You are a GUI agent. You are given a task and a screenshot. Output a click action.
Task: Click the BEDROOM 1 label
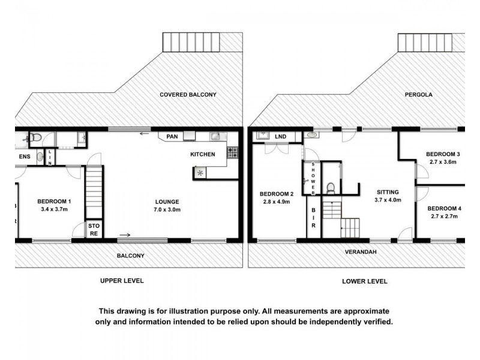[x=55, y=202]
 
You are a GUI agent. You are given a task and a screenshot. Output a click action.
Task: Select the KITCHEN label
[x=203, y=155]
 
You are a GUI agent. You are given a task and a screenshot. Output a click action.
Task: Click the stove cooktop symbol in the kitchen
[x=233, y=154]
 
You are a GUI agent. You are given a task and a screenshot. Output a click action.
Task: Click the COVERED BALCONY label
[x=188, y=95]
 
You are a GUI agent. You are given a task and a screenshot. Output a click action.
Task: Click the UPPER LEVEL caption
[x=122, y=281]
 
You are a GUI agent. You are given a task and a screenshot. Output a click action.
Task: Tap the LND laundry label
[x=280, y=137]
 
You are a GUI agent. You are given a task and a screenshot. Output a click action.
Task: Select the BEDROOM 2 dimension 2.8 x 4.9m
[x=275, y=202]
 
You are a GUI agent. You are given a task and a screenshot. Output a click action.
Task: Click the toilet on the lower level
[x=330, y=189]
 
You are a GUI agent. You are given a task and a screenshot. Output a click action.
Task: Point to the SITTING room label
[x=388, y=192]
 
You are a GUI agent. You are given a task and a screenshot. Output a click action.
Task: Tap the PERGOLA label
[x=418, y=95]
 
